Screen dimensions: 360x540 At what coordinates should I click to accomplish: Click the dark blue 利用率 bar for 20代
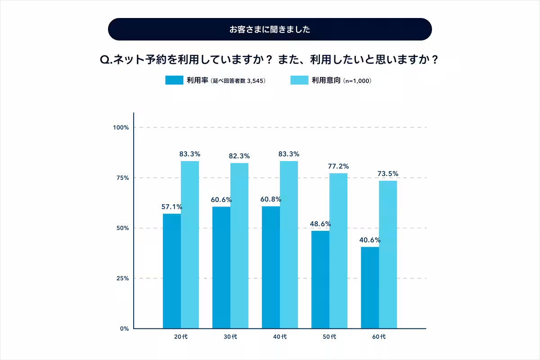click(x=172, y=271)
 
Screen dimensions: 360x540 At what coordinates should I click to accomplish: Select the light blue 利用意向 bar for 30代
click(x=239, y=246)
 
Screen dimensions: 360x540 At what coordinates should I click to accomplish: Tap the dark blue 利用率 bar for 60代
click(x=370, y=288)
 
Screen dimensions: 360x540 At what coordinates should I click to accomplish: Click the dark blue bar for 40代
click(x=271, y=267)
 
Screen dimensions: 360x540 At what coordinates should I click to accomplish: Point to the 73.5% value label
click(x=388, y=174)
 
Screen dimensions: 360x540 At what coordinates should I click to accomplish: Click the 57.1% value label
click(x=172, y=207)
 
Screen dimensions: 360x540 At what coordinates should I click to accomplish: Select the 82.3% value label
click(x=239, y=156)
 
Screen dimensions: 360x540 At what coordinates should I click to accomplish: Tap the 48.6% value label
click(x=320, y=224)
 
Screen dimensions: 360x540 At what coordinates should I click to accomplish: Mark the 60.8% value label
click(x=271, y=199)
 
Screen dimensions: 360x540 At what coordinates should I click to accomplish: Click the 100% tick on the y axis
click(x=121, y=127)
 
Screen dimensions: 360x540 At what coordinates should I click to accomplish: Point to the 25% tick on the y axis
click(x=122, y=279)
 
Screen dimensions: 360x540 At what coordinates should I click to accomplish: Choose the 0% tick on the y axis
click(x=124, y=328)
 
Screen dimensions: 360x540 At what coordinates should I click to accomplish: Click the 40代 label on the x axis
click(x=280, y=337)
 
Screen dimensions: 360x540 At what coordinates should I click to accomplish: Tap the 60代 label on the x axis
click(x=379, y=337)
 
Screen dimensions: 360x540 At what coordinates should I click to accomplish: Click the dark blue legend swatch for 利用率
click(x=174, y=80)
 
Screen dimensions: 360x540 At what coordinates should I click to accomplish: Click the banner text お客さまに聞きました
click(x=270, y=30)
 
